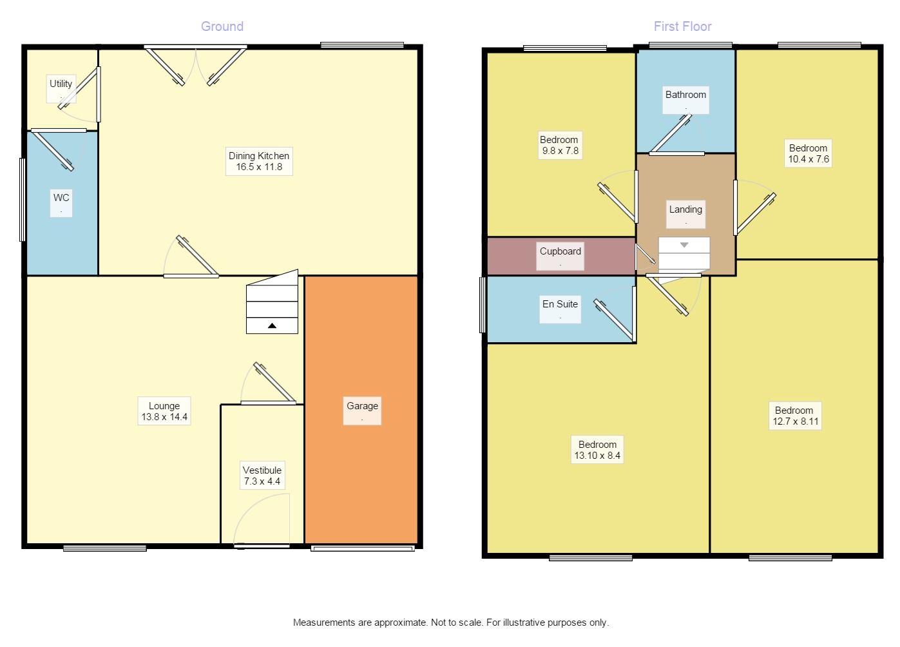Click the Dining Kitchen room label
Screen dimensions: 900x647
tap(259, 161)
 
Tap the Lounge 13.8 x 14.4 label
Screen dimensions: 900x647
tap(164, 411)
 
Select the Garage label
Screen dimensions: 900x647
tap(362, 410)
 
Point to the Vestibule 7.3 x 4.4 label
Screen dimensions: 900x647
tap(262, 476)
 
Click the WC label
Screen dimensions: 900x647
tap(61, 203)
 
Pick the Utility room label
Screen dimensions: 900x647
tap(61, 88)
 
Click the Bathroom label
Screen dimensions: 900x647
tap(685, 100)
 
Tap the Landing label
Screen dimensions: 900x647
tap(685, 214)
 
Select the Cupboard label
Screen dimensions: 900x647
tap(560, 256)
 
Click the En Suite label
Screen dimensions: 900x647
tap(560, 309)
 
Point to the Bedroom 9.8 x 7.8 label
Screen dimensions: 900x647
tap(560, 145)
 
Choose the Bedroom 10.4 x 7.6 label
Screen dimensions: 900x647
tap(808, 153)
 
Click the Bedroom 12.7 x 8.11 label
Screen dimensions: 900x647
tap(795, 416)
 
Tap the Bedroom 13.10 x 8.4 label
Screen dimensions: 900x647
tap(597, 450)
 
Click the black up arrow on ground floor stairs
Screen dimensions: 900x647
tap(272, 325)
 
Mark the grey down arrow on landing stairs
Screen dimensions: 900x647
tap(684, 245)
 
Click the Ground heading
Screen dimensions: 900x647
tap(222, 26)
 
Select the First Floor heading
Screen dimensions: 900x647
tap(683, 26)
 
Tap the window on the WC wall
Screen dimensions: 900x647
tap(23, 200)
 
